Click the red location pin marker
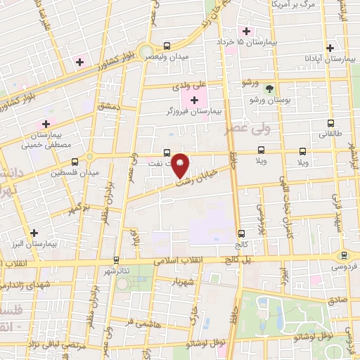(180, 165)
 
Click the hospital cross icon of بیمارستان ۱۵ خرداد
(245, 32)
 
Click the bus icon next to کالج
(241, 233)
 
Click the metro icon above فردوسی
(344, 256)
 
